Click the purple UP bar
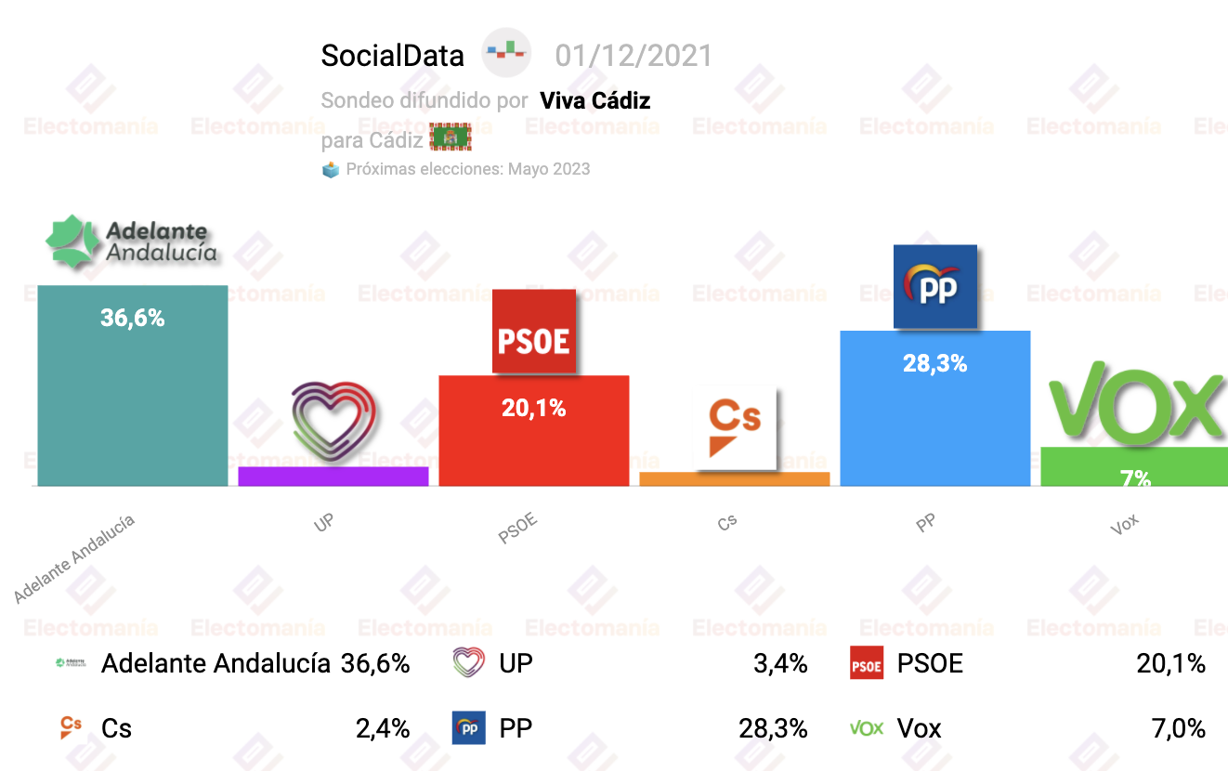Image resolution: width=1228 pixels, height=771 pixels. [x=333, y=476]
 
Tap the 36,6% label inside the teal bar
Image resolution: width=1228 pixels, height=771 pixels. [x=132, y=318]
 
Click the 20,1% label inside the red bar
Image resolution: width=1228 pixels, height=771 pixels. [x=533, y=407]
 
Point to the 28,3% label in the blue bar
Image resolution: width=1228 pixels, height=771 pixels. [x=934, y=363]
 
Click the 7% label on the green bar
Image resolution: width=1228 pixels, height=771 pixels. [x=1135, y=478]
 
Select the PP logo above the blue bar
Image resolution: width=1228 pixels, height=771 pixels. [x=934, y=286]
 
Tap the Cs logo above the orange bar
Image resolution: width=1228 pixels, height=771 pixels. [x=736, y=426]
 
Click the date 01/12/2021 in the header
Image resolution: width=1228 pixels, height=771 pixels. [x=633, y=56]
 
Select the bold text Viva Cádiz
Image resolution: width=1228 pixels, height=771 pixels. [x=594, y=100]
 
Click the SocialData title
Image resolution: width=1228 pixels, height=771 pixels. [x=392, y=56]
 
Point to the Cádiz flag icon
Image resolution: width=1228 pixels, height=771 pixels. [x=451, y=138]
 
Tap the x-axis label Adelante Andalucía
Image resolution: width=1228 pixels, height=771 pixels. [x=74, y=558]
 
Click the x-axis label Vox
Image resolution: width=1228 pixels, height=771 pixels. [x=1124, y=525]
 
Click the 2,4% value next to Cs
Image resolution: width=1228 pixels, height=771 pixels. [x=383, y=728]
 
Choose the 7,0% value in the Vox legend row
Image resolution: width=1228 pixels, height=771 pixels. [x=1177, y=728]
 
